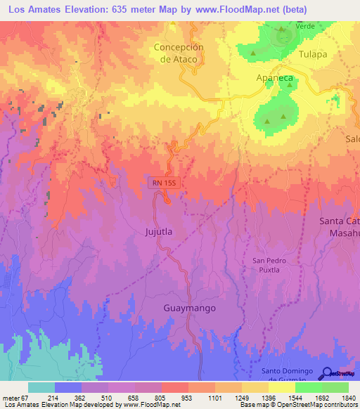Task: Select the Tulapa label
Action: pyautogui.click(x=313, y=54)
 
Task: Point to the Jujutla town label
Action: pyautogui.click(x=158, y=231)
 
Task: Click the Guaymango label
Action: pyautogui.click(x=189, y=309)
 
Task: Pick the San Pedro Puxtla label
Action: pyautogui.click(x=266, y=265)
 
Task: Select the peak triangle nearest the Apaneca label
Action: pyautogui.click(x=288, y=86)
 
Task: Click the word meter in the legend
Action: pyautogui.click(x=10, y=398)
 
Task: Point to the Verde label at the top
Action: pyautogui.click(x=304, y=25)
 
